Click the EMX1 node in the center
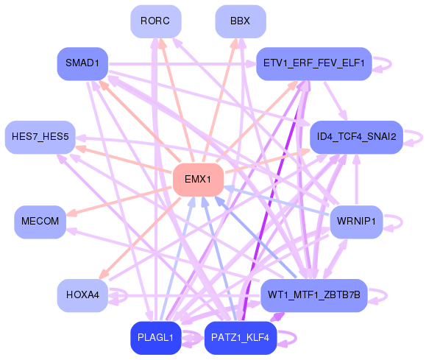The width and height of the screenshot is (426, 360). click(x=199, y=180)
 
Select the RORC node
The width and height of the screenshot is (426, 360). click(x=156, y=21)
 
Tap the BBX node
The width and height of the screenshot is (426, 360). click(x=241, y=21)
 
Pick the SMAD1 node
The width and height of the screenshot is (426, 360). click(x=82, y=63)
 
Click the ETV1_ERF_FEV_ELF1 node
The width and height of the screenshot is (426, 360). click(x=314, y=63)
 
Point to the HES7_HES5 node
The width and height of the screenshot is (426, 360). click(x=40, y=137)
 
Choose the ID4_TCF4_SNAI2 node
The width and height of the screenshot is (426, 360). click(x=356, y=137)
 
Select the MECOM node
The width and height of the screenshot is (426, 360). click(x=40, y=222)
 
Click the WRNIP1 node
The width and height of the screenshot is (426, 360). click(x=356, y=222)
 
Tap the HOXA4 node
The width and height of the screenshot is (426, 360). click(x=82, y=295)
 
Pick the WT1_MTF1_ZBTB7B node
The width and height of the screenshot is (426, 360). click(x=314, y=295)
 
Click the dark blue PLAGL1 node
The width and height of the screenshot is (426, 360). click(x=156, y=338)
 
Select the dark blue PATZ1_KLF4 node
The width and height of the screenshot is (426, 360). click(x=241, y=338)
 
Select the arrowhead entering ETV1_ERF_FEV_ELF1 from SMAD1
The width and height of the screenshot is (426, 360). click(x=251, y=64)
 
